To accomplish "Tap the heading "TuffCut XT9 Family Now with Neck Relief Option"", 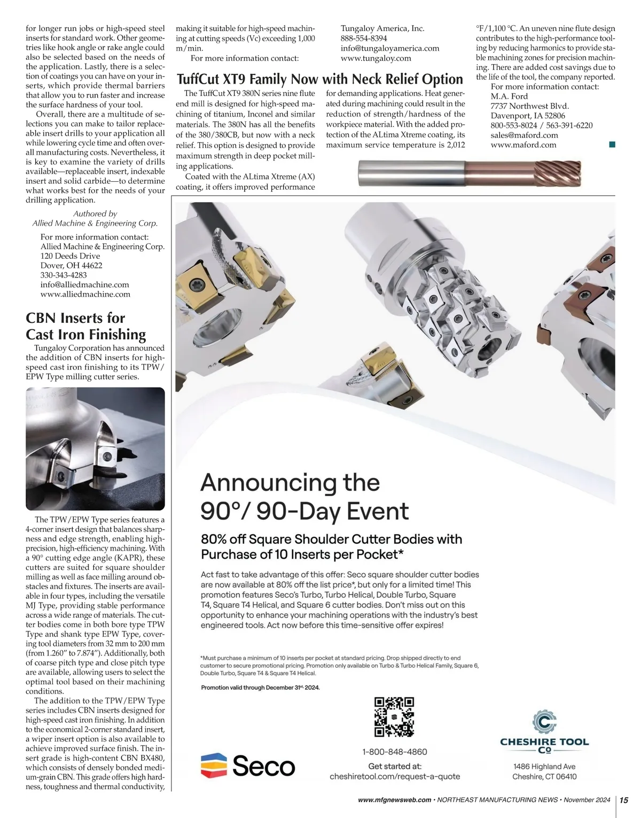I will (x=319, y=79).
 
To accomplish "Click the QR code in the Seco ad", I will (x=394, y=717).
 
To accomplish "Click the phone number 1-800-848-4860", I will (x=395, y=752).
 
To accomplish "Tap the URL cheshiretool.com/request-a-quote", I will (x=395, y=776).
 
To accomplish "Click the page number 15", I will (x=624, y=800).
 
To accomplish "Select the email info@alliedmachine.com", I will (x=85, y=284).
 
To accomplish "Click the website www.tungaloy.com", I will (x=376, y=58).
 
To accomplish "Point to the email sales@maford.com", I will (x=525, y=135).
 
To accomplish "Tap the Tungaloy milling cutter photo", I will (x=95, y=449).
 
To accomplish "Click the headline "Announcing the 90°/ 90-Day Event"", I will (x=304, y=497).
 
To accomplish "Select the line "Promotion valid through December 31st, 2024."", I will (x=260, y=688).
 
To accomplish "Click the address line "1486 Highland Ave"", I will (x=544, y=766).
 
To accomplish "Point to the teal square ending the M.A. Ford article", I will (x=612, y=144).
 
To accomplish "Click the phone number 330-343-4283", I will (x=64, y=275).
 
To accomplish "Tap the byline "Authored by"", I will (x=95, y=213).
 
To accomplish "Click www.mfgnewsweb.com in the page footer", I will (x=395, y=800).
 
